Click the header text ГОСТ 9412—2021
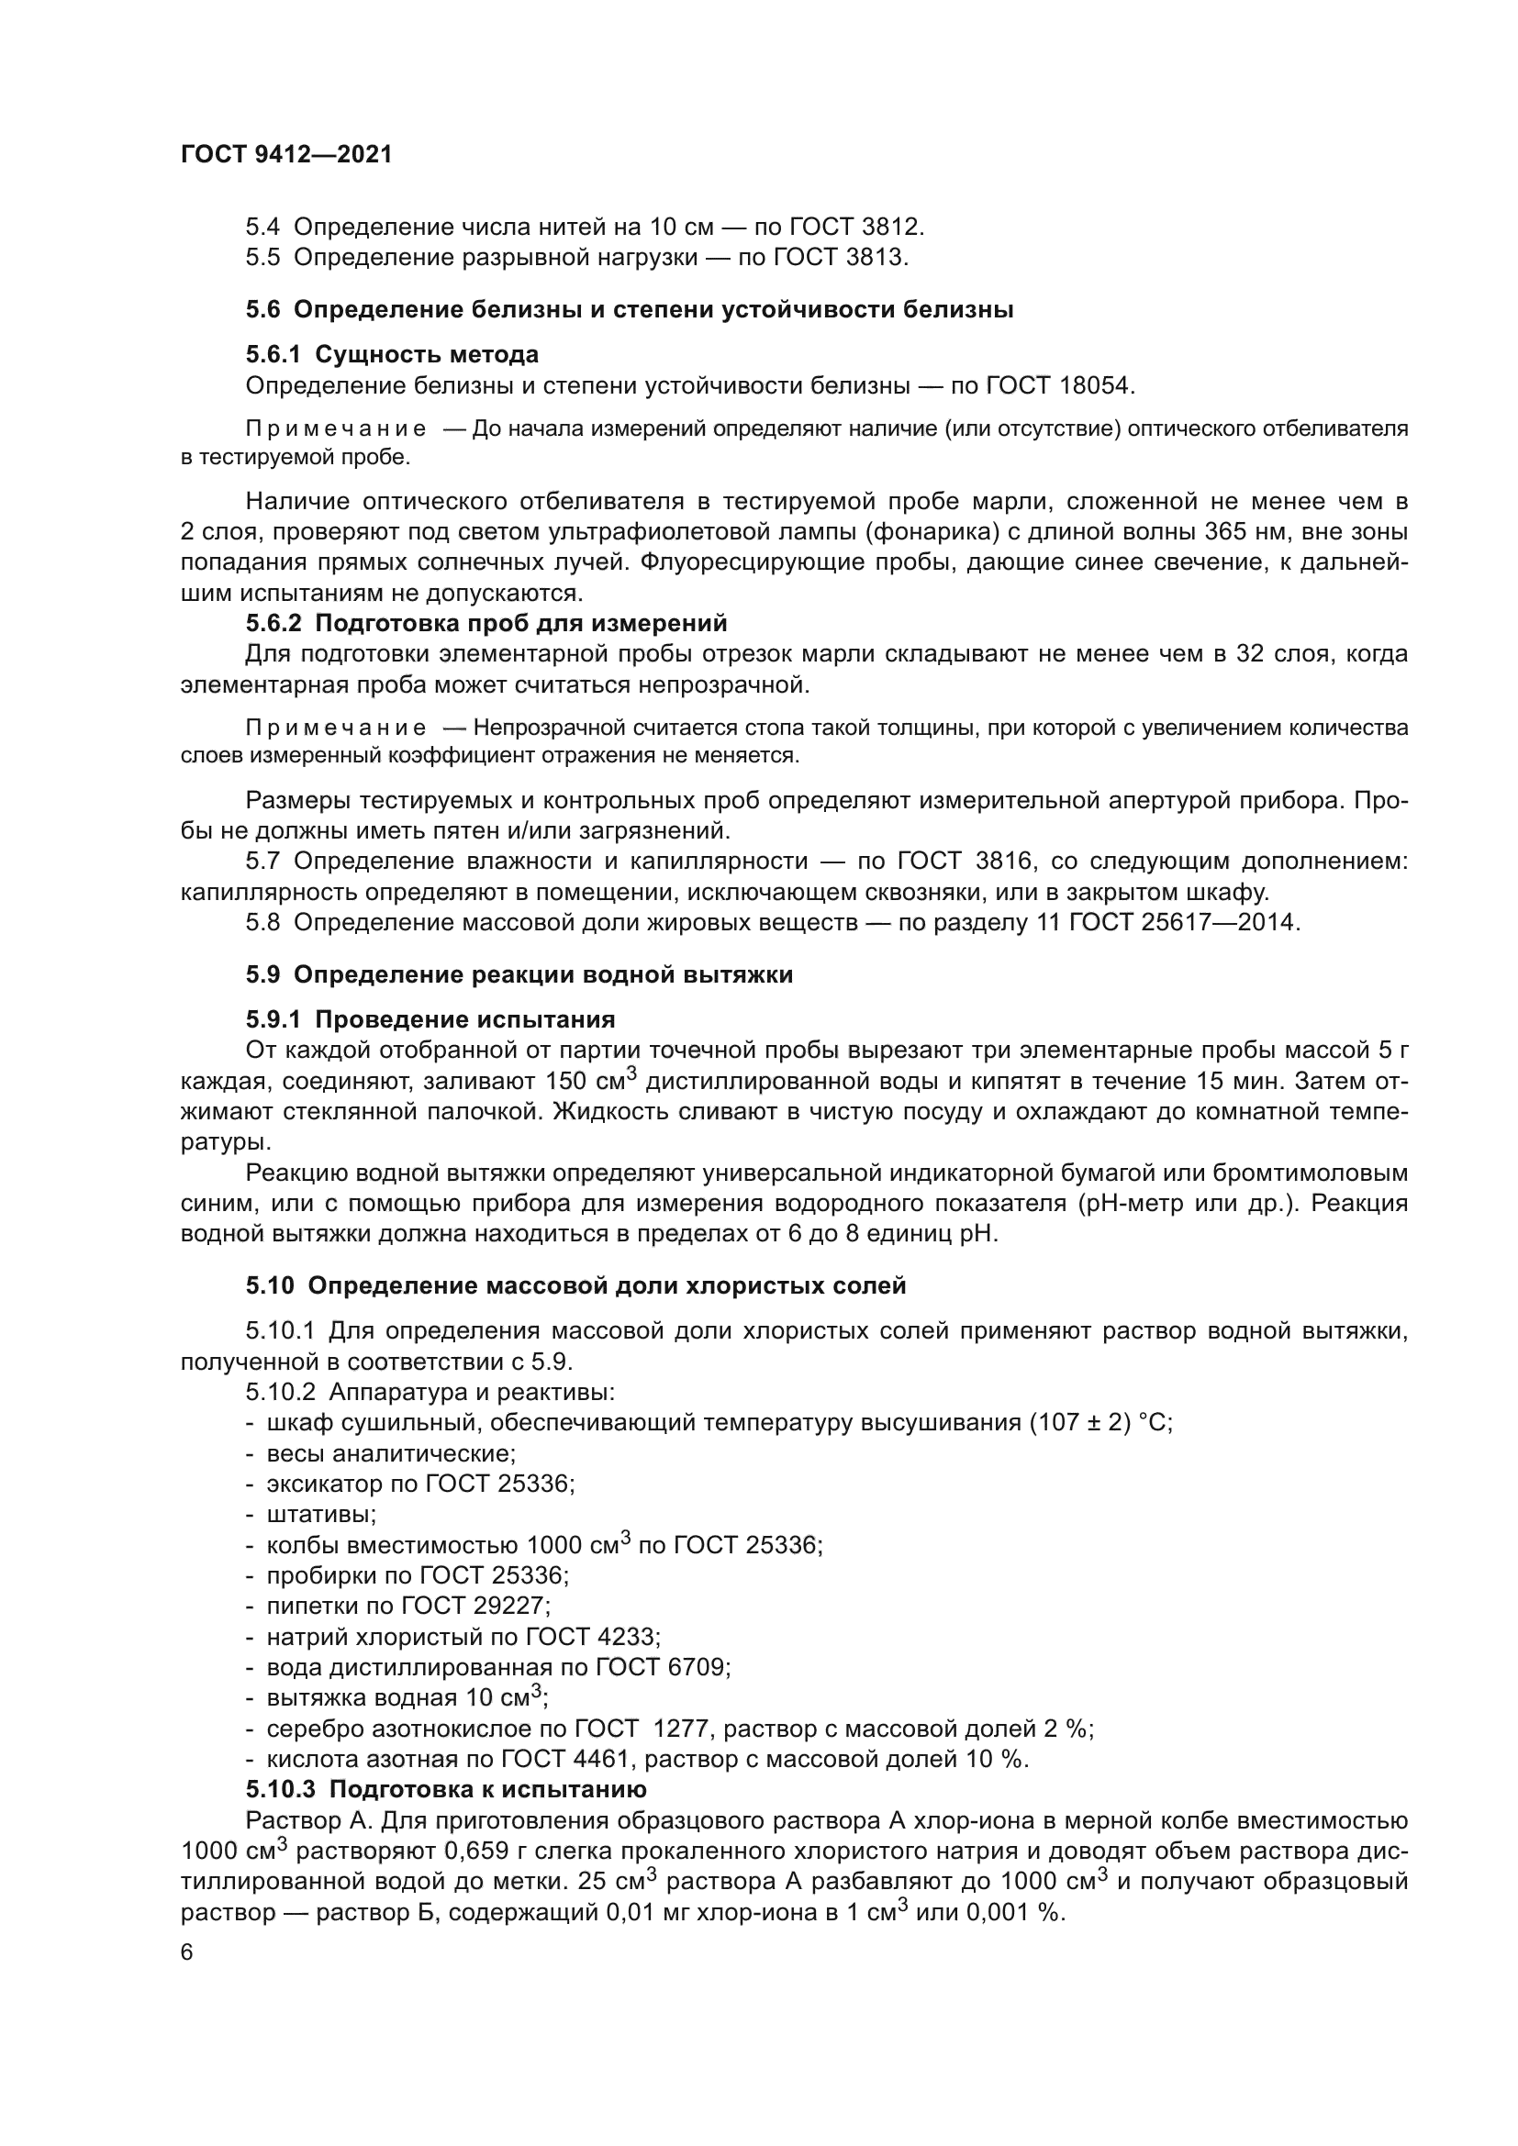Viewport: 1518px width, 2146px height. [286, 155]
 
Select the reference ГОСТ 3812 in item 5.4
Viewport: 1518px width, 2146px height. [855, 227]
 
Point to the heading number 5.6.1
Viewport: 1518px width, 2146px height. [273, 354]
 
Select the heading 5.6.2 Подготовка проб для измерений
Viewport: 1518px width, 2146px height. [486, 622]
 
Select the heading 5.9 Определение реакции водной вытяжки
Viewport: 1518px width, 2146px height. [519, 975]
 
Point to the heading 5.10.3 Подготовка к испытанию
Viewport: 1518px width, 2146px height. [446, 1790]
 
